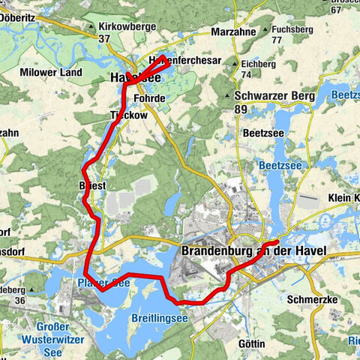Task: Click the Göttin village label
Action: [253, 343]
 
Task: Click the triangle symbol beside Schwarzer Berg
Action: [227, 97]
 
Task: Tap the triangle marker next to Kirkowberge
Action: [92, 28]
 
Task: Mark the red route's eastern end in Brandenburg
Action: [278, 241]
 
